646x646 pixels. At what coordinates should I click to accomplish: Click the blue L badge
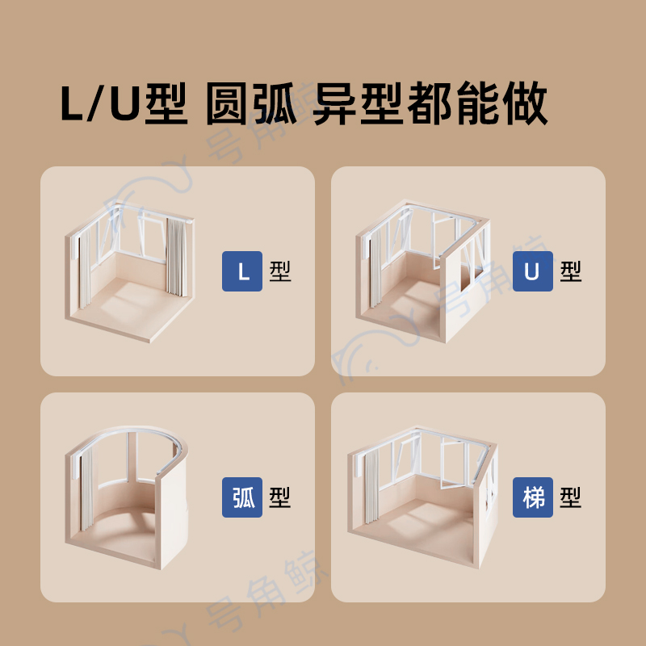(x=242, y=271)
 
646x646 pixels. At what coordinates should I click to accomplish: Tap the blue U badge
(x=533, y=271)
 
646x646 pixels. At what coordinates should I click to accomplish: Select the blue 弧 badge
(x=242, y=497)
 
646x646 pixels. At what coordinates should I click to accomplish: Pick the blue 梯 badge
(x=533, y=497)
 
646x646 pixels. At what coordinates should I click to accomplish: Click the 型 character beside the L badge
(x=280, y=271)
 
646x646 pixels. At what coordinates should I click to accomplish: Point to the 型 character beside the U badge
(x=571, y=271)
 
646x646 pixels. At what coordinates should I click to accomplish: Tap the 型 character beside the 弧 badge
(x=280, y=497)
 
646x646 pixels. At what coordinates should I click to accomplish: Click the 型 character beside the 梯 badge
(x=571, y=497)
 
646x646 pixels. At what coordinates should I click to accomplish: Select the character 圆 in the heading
(x=228, y=103)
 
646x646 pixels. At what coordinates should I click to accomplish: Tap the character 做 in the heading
(x=525, y=103)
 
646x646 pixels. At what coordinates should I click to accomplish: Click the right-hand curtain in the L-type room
(x=176, y=257)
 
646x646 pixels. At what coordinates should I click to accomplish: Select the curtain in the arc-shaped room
(x=87, y=489)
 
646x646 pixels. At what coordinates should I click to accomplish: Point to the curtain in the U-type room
(x=375, y=269)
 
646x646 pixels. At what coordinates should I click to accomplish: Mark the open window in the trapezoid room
(x=452, y=464)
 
